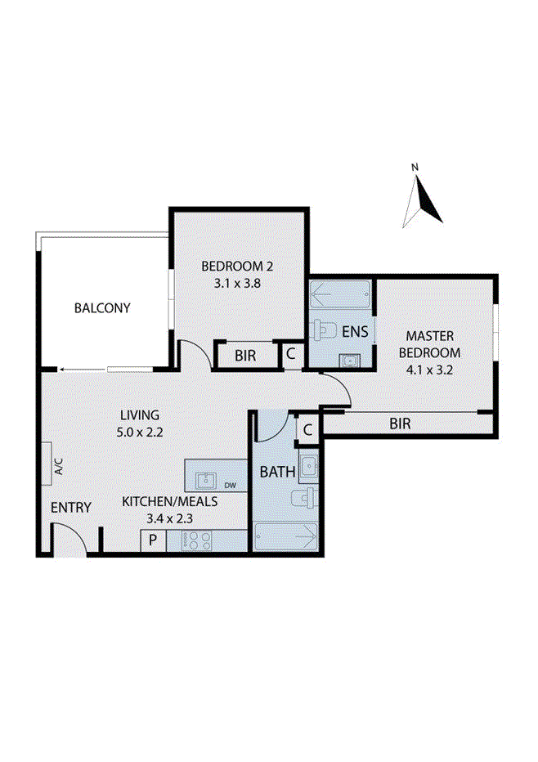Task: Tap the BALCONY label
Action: tap(102, 308)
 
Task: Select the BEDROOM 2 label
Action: tap(236, 266)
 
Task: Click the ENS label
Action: tap(356, 332)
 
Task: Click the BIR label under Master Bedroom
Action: tap(400, 424)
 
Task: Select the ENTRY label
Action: tap(71, 508)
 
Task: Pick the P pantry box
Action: tap(152, 540)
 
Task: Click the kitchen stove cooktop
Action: tap(198, 540)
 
